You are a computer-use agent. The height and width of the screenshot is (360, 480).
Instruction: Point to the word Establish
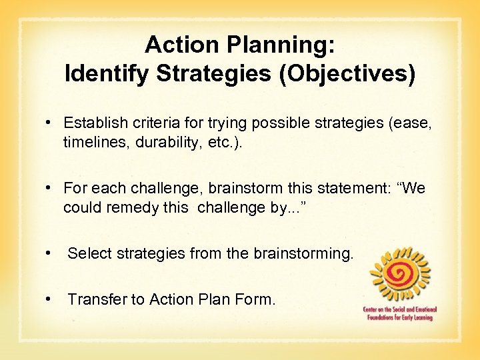pos(92,123)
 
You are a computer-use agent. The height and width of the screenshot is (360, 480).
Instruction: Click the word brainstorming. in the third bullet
pos(303,253)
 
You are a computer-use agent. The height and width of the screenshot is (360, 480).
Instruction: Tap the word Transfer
pos(96,300)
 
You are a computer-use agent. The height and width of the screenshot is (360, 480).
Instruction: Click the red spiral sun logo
pos(401,274)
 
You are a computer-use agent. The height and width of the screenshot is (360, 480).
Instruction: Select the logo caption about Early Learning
pos(399,314)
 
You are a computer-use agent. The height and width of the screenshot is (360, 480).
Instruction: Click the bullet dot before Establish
pos(49,123)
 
